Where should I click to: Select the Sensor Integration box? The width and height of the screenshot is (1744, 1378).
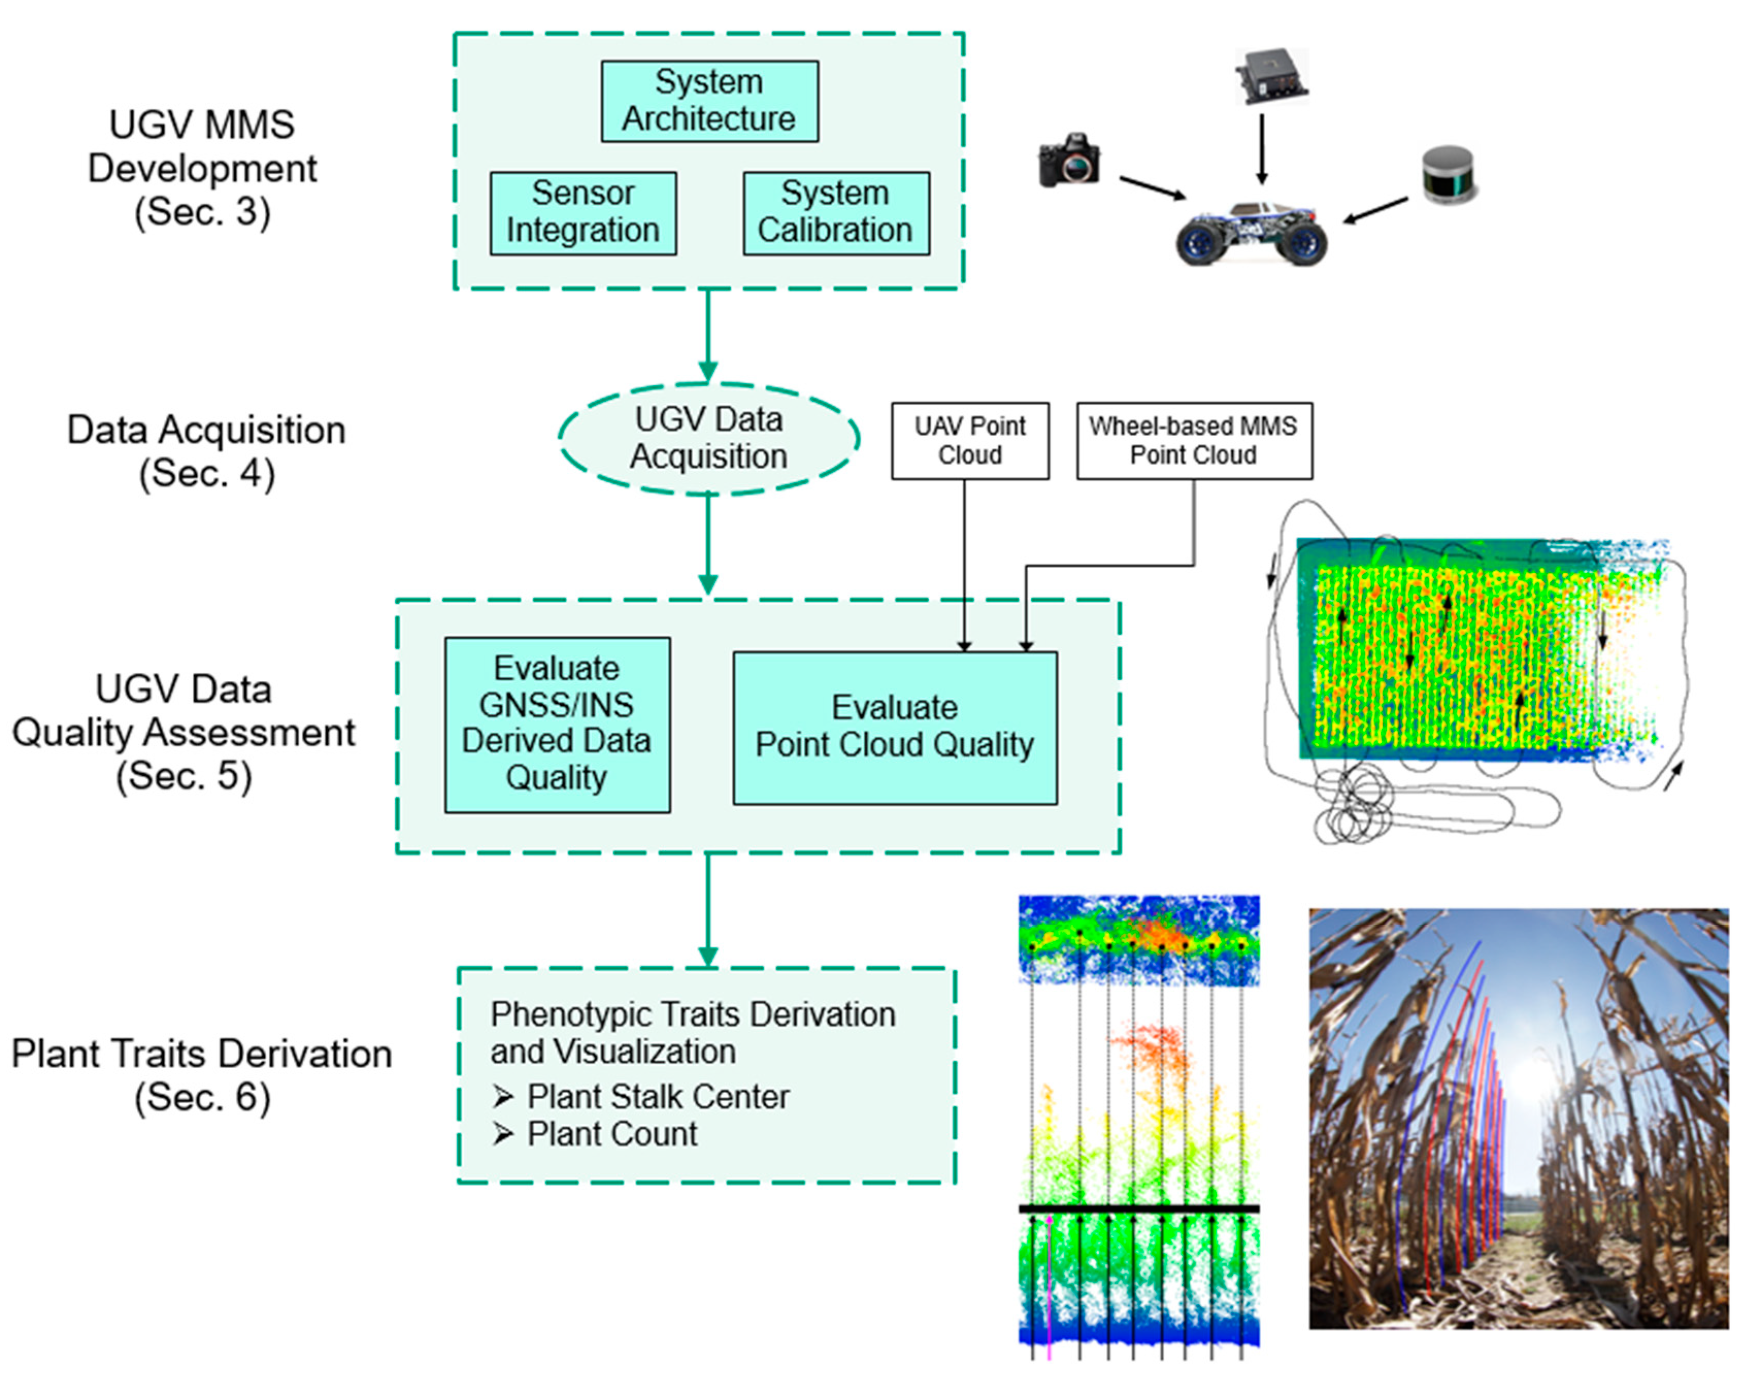[x=582, y=212]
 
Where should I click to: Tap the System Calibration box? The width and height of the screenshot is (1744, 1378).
[x=835, y=212]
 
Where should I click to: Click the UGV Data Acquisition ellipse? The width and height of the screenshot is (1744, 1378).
[x=708, y=438]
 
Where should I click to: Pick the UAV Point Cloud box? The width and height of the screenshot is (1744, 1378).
[x=969, y=440]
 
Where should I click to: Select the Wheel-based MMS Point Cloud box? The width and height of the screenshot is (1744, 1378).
[x=1193, y=440]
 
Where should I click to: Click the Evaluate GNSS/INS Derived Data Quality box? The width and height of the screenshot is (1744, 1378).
[x=557, y=724]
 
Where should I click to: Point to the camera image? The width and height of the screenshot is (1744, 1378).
[x=1069, y=160]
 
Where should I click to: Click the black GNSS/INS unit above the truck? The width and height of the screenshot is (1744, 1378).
[x=1271, y=77]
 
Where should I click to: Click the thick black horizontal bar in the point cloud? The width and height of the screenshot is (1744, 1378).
[x=1138, y=1208]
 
